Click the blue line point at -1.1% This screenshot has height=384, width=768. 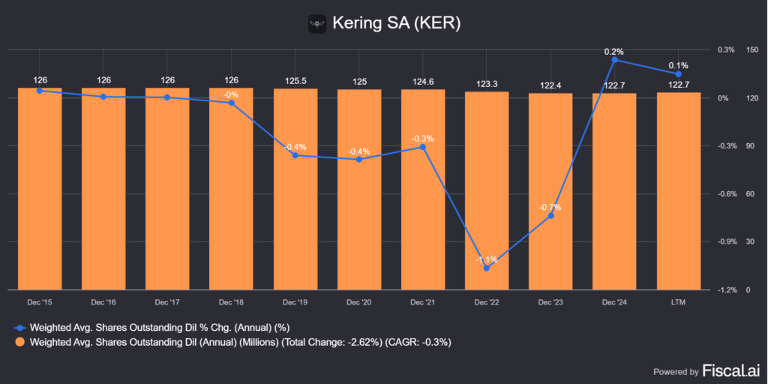487,268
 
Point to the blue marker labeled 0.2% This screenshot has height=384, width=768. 615,60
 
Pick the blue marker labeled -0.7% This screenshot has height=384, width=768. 550,216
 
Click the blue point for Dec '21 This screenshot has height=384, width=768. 423,147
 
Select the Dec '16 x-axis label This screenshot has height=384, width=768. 103,301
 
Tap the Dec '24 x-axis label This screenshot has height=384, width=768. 615,301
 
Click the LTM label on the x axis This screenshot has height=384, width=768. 679,301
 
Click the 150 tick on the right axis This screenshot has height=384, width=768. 752,49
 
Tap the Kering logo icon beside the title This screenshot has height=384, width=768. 318,23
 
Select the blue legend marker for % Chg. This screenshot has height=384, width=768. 20,328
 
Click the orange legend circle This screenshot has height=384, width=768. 20,342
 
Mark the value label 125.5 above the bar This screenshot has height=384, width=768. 295,80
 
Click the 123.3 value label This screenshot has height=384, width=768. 487,84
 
